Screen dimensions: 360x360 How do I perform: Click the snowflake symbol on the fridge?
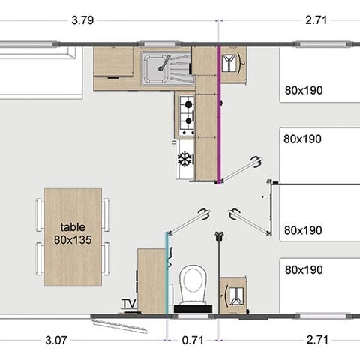[x=184, y=159]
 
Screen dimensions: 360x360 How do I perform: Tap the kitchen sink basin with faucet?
[x=155, y=67]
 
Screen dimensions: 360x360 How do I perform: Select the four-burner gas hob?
[x=186, y=110]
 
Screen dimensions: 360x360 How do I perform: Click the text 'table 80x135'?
[x=73, y=232]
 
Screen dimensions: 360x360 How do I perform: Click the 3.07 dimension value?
[x=56, y=340]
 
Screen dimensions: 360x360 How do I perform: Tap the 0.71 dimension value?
[x=193, y=340]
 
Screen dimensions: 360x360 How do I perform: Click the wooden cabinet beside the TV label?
[x=150, y=280]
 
